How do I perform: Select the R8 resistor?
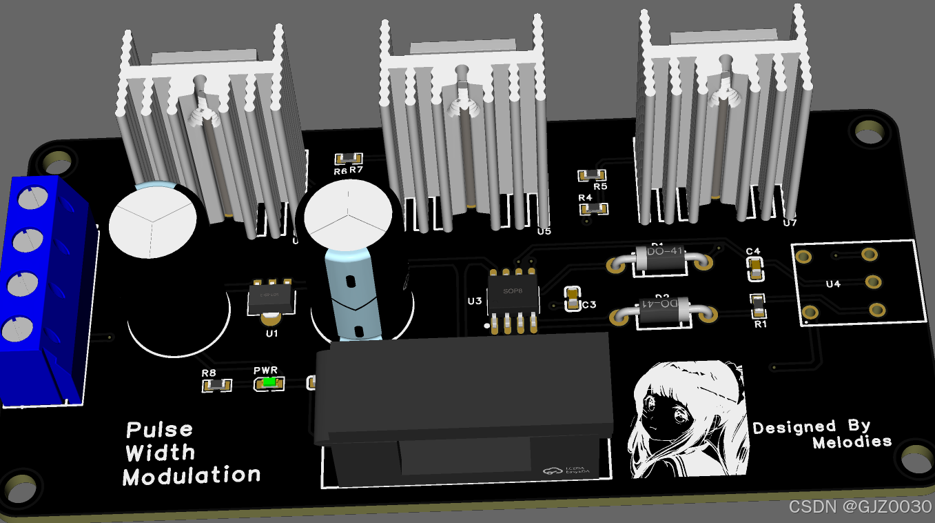(216, 385)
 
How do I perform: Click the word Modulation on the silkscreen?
(192, 475)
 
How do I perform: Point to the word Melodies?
(852, 442)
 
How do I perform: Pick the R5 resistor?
(592, 175)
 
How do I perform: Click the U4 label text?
(833, 284)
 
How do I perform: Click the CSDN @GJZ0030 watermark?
(860, 507)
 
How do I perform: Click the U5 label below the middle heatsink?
(544, 231)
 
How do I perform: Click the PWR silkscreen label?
(265, 371)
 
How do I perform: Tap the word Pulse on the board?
(159, 430)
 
